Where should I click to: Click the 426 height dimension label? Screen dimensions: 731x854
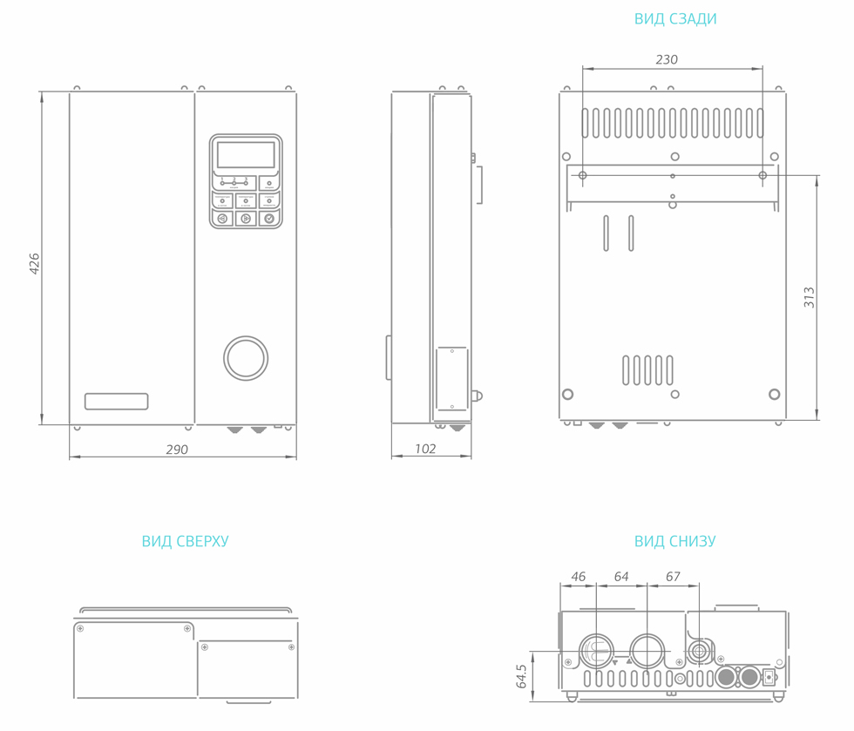tap(35, 264)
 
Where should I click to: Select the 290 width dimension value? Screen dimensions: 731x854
tap(177, 450)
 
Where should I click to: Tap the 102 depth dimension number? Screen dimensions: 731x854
tap(425, 450)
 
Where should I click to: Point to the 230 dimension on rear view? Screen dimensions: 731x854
tap(667, 59)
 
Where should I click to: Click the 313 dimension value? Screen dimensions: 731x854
tap(810, 298)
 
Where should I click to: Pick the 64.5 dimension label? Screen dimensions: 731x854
tap(521, 677)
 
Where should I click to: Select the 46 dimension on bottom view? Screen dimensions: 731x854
tap(579, 577)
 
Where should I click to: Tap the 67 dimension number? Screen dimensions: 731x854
tap(673, 577)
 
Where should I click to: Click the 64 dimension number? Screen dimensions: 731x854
tap(621, 577)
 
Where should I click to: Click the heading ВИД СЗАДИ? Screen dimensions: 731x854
tap(675, 19)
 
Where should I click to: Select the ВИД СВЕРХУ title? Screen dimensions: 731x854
tap(185, 541)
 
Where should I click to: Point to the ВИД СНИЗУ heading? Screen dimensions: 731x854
tap(674, 541)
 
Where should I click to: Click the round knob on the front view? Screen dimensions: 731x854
tap(246, 358)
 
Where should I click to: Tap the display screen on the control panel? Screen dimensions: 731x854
tap(246, 155)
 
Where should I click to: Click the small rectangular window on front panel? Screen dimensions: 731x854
tap(116, 402)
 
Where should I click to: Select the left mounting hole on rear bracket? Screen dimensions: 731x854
tap(583, 175)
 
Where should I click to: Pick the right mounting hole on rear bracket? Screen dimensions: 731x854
tap(762, 175)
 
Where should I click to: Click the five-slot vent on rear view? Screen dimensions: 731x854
tap(647, 370)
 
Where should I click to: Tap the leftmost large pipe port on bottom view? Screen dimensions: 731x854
tap(597, 651)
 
